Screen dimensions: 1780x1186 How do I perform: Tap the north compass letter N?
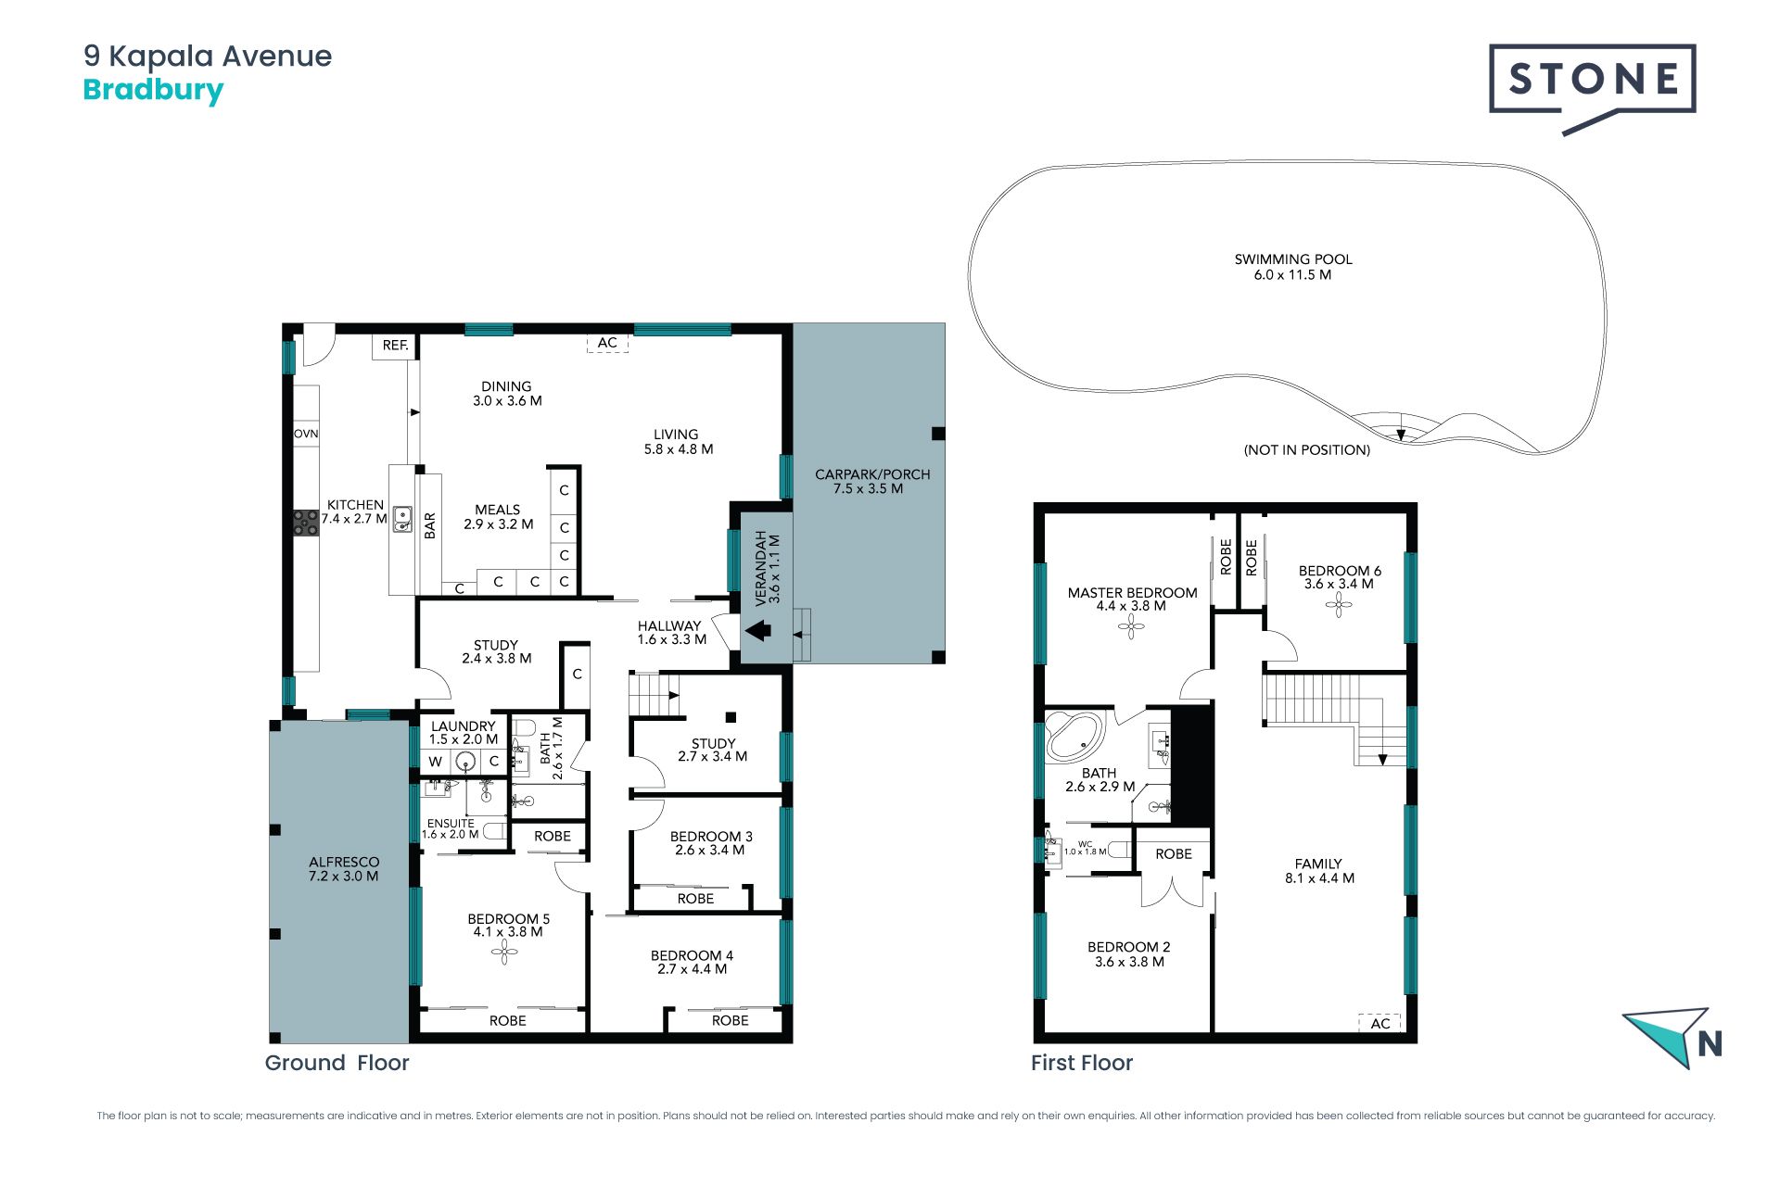(x=1710, y=1044)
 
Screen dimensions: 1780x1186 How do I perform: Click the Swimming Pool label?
(x=1293, y=267)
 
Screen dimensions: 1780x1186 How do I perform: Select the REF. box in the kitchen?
(x=396, y=346)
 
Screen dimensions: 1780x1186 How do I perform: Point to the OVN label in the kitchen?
(x=306, y=434)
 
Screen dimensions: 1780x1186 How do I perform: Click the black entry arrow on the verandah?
(x=758, y=630)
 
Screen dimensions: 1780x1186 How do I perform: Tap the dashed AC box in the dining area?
(x=607, y=343)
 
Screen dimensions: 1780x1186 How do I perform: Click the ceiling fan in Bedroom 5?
(x=504, y=952)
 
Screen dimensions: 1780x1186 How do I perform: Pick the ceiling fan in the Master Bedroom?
(x=1131, y=626)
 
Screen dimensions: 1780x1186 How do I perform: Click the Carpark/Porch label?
(x=871, y=481)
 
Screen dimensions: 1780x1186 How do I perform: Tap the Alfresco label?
(x=344, y=868)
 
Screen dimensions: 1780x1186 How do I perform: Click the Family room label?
(x=1319, y=871)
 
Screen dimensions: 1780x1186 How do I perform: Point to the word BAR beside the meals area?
(x=430, y=526)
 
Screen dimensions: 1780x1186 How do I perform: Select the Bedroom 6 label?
(x=1340, y=577)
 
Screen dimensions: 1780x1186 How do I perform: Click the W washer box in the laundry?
(x=435, y=762)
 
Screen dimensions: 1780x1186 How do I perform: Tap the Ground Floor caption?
(x=337, y=1063)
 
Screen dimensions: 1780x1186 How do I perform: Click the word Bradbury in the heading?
(x=153, y=91)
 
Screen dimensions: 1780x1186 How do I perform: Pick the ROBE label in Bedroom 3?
(x=695, y=899)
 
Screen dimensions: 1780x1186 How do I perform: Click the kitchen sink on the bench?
(x=402, y=519)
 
